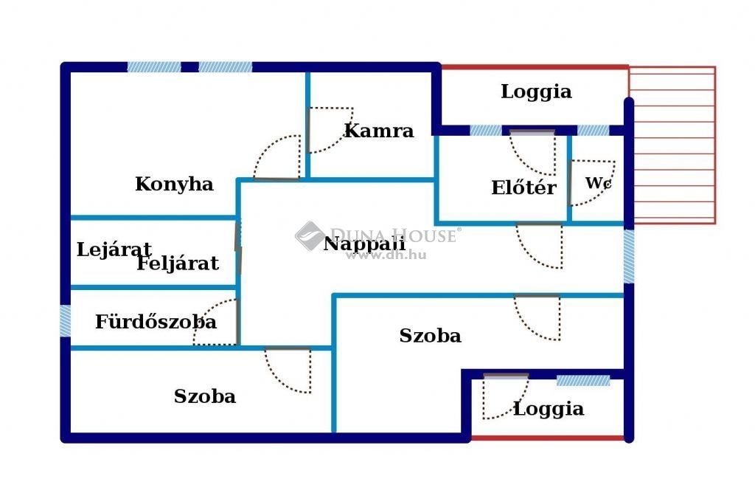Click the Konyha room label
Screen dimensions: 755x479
pos(174,185)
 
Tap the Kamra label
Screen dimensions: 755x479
pos(380,131)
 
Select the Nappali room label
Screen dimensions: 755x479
pos(364,244)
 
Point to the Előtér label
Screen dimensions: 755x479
pos(524,187)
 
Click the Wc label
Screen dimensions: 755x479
pos(599,182)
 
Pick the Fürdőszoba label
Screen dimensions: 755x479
pos(156,322)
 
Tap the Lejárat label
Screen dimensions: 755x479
pos(114,249)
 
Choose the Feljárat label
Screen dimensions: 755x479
pos(178,263)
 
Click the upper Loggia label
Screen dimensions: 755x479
pos(537,92)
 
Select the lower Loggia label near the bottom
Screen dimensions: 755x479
pos(549,409)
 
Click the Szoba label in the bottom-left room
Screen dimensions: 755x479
pos(205,396)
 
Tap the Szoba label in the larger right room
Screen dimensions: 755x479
pos(431,336)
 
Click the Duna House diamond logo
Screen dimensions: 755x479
pos(310,236)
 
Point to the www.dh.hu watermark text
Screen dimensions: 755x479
pos(386,255)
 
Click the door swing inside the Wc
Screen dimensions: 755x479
pos(592,183)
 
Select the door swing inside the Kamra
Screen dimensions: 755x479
pos(330,130)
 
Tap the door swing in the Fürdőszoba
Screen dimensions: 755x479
pos(216,322)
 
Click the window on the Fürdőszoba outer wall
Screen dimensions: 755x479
pos(65,320)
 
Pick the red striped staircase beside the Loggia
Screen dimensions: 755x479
pos(672,145)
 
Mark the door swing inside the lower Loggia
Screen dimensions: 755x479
pos(506,397)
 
